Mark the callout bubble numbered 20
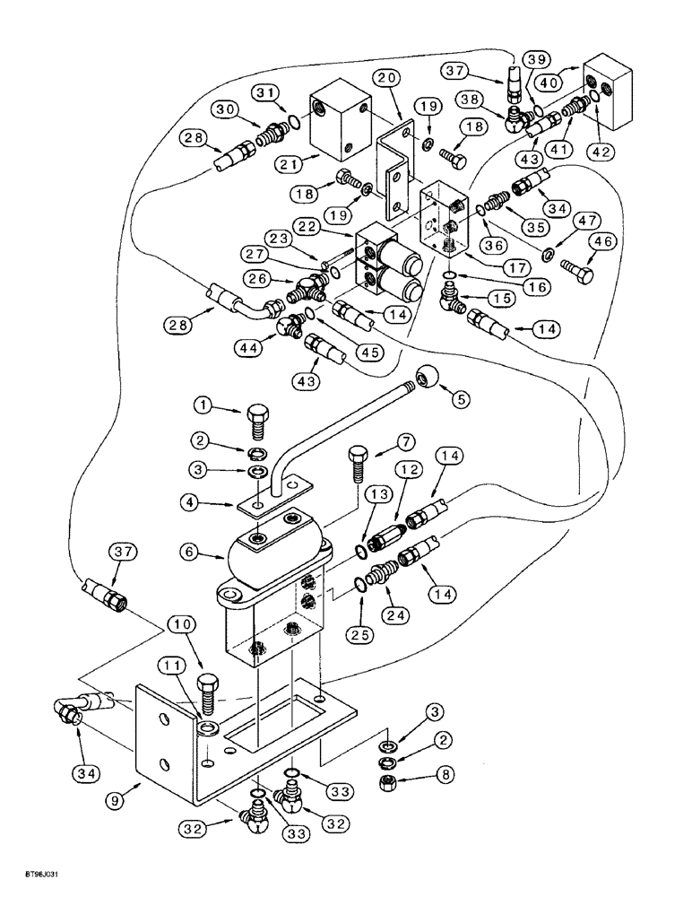[386, 79]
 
